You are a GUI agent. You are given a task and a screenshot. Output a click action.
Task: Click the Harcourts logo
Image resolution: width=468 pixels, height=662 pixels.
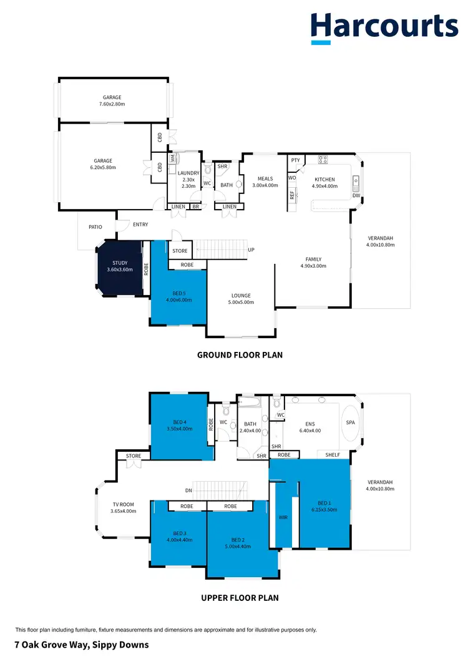point(384,28)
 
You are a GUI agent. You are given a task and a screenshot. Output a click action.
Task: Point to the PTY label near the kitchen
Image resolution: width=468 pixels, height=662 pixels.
point(296,160)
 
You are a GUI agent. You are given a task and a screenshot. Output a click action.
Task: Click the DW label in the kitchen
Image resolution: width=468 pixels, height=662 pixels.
point(356,196)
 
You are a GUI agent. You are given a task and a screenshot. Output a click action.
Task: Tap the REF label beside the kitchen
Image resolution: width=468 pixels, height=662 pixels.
point(291,195)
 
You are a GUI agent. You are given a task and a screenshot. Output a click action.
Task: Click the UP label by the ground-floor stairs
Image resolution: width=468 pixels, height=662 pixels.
point(251,250)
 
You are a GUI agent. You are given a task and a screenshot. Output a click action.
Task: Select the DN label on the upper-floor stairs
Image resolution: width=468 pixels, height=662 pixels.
point(188,490)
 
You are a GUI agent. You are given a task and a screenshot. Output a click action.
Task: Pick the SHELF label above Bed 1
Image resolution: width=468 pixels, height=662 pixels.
point(333,455)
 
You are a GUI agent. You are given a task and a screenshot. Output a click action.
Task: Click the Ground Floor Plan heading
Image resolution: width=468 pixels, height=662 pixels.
point(240,355)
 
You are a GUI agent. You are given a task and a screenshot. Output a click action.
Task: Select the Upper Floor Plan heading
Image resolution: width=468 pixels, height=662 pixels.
point(240,598)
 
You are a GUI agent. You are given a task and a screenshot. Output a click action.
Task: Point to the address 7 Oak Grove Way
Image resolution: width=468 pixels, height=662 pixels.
point(82,645)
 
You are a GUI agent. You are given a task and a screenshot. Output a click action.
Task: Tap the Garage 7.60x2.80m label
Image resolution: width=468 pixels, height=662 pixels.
point(112,101)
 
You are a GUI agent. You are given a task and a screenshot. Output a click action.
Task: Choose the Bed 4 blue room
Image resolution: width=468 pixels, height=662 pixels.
point(179,426)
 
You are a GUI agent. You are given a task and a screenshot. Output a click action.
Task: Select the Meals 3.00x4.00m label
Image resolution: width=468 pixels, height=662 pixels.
point(265,182)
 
